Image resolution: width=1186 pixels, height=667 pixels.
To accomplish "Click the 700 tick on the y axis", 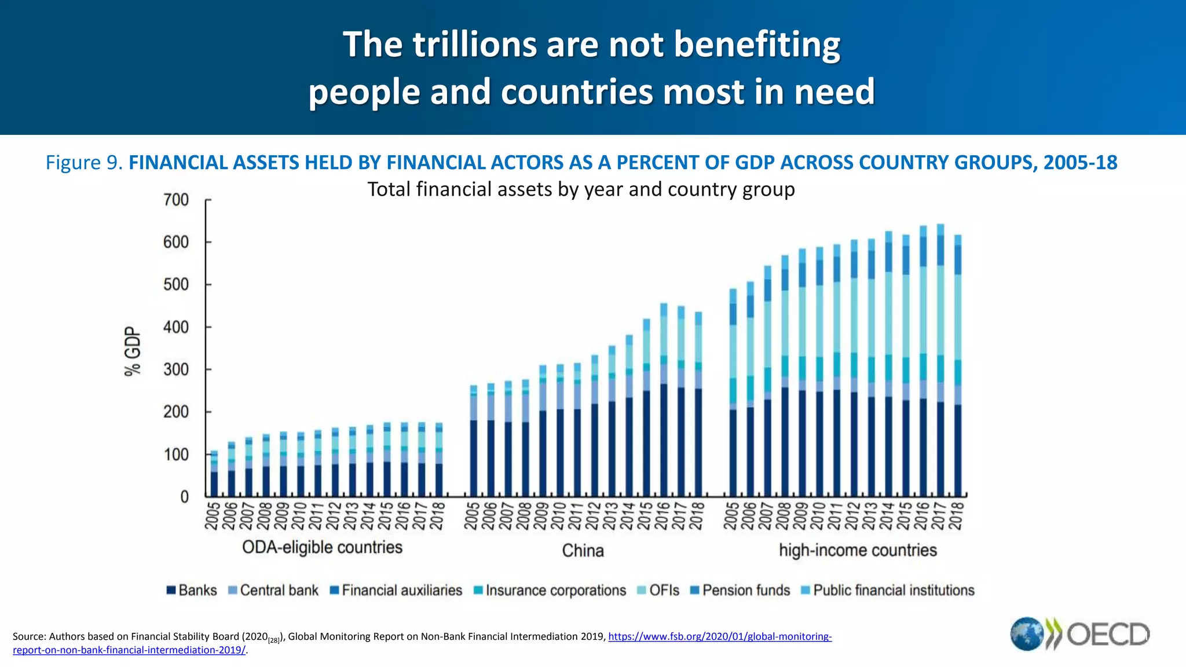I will pos(176,200).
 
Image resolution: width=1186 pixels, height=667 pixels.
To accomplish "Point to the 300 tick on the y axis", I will pos(176,369).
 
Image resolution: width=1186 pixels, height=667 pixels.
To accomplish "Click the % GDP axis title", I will pos(133,351).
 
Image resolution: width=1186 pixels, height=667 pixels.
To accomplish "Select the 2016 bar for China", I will pos(664,400).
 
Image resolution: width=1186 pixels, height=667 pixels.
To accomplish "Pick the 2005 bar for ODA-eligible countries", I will pos(214,474).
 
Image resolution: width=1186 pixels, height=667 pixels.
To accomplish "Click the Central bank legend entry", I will pos(273,590).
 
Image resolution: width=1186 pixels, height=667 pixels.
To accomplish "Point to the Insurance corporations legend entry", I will pos(550,590).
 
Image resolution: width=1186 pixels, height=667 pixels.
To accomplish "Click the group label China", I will pos(583,550).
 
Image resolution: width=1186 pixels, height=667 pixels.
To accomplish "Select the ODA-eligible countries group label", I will pos(322,547).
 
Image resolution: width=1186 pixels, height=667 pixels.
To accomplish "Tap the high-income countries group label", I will pos(858,550).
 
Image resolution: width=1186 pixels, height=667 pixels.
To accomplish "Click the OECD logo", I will pos(1079,634).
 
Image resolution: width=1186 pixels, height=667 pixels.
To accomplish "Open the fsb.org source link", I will pos(719,637).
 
